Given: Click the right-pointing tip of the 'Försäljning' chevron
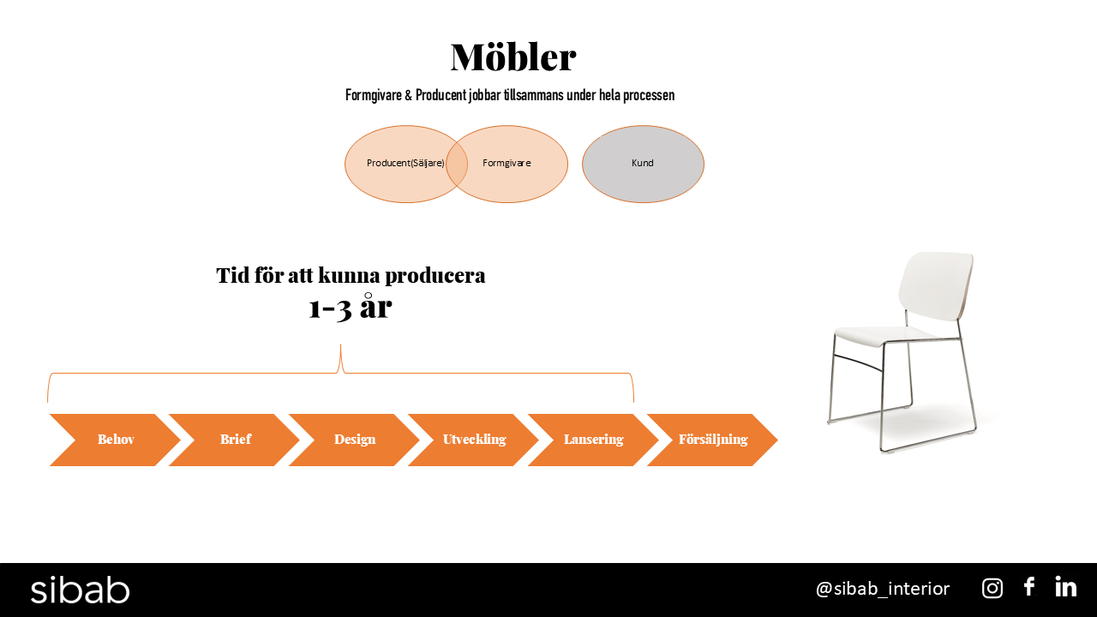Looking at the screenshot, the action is click(777, 440).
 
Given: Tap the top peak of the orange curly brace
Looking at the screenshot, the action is click(340, 344).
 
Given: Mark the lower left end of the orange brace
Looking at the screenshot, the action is click(47, 402).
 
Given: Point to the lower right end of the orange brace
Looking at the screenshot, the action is click(633, 402).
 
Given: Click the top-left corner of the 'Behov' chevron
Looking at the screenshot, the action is click(50, 414).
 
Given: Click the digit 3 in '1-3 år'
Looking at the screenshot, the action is click(344, 309).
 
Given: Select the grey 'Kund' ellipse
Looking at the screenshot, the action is click(643, 164).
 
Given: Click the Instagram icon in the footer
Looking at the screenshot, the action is click(992, 588).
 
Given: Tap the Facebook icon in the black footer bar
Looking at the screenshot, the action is click(1029, 587).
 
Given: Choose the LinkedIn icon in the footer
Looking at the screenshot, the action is click(1065, 587).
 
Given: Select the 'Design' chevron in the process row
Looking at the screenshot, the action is click(354, 440).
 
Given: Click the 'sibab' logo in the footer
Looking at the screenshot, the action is click(80, 590).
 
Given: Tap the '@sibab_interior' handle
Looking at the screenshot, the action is click(883, 589).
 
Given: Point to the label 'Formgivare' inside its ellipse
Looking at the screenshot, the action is click(507, 163).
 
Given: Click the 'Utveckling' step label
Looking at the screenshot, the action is click(474, 440).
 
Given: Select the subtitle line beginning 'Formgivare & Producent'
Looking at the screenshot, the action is click(510, 95).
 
